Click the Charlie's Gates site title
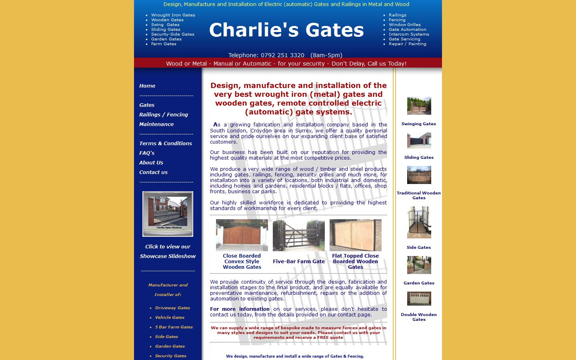286,30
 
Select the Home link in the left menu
147,86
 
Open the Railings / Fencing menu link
164,115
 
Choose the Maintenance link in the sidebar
156,124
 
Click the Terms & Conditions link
166,144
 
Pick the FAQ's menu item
147,153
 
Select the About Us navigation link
151,163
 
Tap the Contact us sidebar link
153,172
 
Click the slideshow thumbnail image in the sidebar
168,214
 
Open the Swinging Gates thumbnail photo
419,106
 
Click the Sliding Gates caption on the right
419,158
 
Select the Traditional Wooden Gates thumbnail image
419,175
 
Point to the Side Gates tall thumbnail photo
419,222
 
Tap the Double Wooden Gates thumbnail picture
419,299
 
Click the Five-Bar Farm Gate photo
299,235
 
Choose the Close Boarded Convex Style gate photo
242,235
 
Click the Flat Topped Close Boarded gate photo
356,235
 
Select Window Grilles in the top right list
405,25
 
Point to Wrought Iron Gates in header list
173,15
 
